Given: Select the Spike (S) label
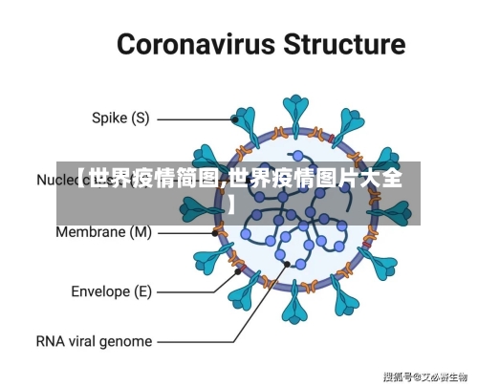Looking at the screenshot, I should point(119,119).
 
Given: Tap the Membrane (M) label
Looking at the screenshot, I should point(103,231).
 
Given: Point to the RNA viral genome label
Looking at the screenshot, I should point(94,340).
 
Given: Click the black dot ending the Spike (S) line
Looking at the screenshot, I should point(235,119).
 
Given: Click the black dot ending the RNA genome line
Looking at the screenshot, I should point(286,264).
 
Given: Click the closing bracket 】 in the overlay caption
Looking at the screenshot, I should point(231,203).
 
